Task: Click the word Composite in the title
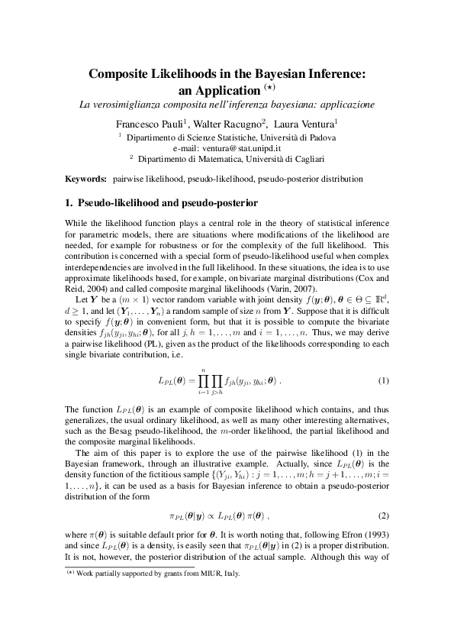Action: pos(123,74)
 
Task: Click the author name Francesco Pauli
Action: pos(149,123)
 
